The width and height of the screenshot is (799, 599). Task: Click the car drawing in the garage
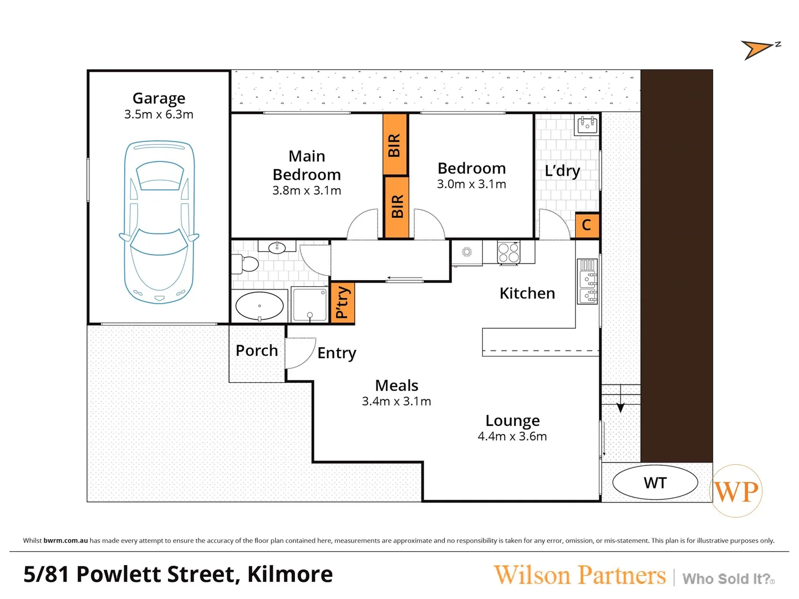pyautogui.click(x=159, y=222)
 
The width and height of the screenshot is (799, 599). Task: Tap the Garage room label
pyautogui.click(x=159, y=98)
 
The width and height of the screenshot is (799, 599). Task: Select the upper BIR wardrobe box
pyautogui.click(x=395, y=144)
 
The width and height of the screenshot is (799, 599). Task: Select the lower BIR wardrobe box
pyautogui.click(x=396, y=207)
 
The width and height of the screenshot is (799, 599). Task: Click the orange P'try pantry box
pyautogui.click(x=342, y=303)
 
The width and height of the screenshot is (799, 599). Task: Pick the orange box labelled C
pyautogui.click(x=587, y=225)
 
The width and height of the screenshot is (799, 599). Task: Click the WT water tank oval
pyautogui.click(x=655, y=483)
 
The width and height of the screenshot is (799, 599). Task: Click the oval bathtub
pyautogui.click(x=259, y=306)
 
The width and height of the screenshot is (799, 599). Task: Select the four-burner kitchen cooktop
pyautogui.click(x=508, y=253)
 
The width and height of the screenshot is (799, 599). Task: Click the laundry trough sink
pyautogui.click(x=587, y=125)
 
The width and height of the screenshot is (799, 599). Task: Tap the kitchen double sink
pyautogui.click(x=588, y=281)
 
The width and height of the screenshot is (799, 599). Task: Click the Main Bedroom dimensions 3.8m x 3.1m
pyautogui.click(x=307, y=191)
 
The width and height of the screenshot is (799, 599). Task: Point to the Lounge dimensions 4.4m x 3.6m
pyautogui.click(x=512, y=436)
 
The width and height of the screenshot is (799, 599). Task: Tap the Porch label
pyautogui.click(x=257, y=351)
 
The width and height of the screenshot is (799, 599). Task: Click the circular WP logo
pyautogui.click(x=736, y=491)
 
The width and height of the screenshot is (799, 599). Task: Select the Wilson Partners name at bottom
pyautogui.click(x=579, y=575)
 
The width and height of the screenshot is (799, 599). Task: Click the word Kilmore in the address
pyautogui.click(x=290, y=575)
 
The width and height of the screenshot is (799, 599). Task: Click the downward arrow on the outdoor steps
pyautogui.click(x=620, y=407)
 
